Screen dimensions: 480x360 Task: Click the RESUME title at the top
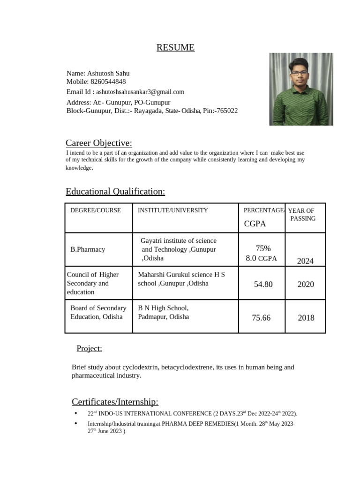tap(175, 47)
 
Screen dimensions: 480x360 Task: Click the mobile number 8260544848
tap(108, 82)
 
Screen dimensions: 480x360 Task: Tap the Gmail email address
tap(140, 92)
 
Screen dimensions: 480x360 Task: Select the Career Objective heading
tap(99, 143)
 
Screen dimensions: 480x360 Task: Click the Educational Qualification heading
tap(115, 191)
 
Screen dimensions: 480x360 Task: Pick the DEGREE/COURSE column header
tap(96, 210)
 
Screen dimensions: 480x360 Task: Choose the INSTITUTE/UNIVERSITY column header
tap(172, 210)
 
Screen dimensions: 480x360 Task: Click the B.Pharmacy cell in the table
tap(88, 249)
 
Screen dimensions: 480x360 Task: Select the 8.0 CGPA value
tap(261, 258)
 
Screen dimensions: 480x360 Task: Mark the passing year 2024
tap(305, 261)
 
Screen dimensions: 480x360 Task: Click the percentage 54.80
tap(263, 285)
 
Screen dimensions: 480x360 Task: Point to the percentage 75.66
tap(261, 318)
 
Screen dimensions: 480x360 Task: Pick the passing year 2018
tap(306, 318)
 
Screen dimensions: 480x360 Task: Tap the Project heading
tap(89, 348)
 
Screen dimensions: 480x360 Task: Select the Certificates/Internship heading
tap(115, 402)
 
